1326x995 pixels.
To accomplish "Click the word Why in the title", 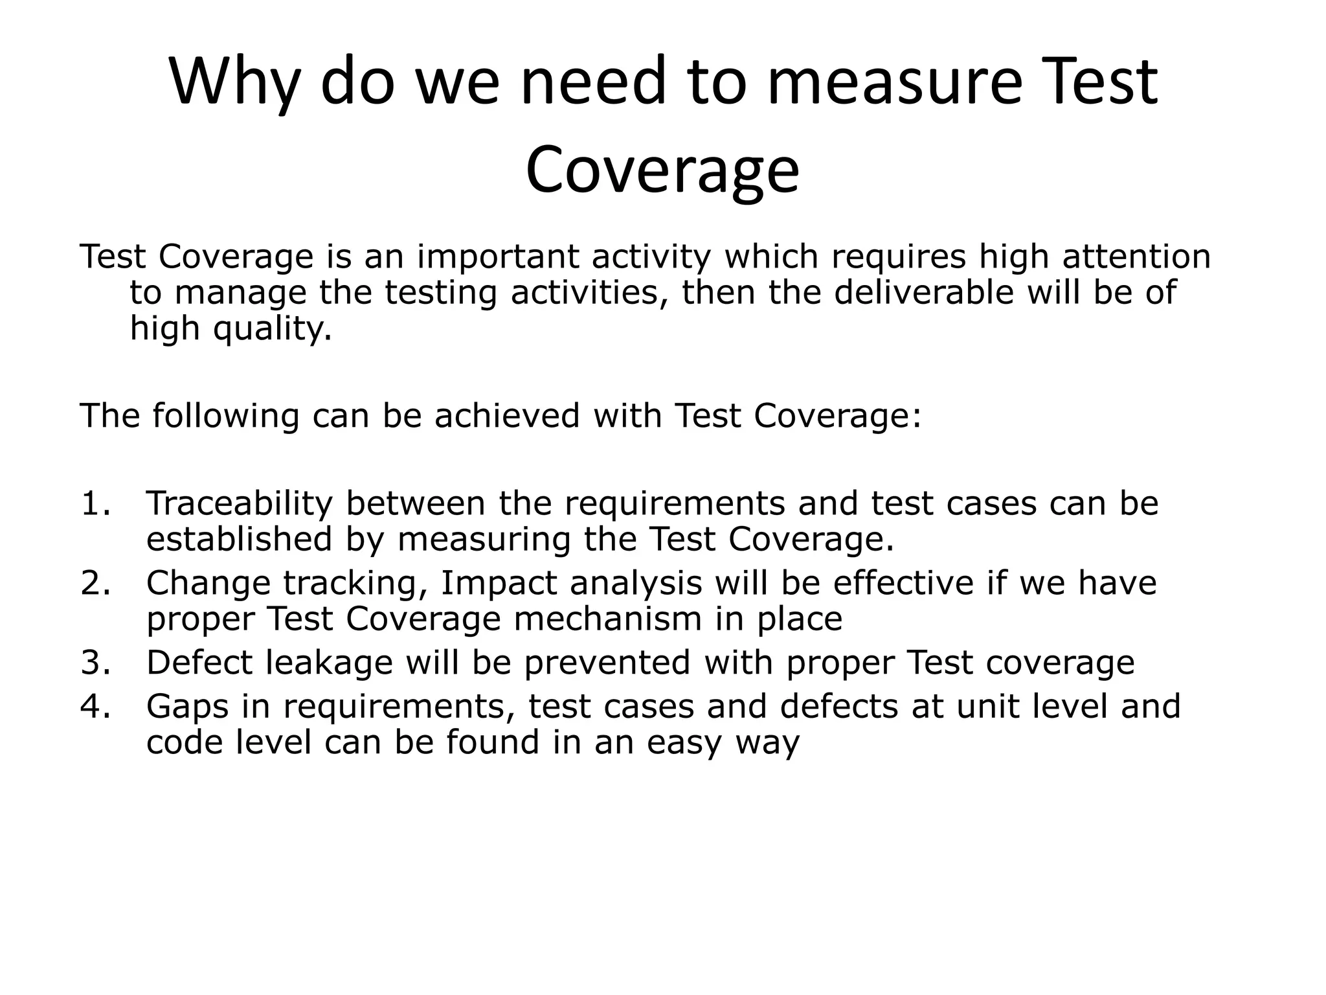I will coord(234,83).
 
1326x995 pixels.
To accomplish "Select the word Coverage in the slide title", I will coord(662,170).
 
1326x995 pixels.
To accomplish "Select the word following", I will coord(226,416).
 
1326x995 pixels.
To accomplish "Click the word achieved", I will coord(507,415).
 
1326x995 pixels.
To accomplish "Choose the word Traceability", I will coord(239,504).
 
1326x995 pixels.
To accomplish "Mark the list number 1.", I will coord(96,504).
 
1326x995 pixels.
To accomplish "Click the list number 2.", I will coord(96,583).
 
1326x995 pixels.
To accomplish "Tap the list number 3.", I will coord(96,663).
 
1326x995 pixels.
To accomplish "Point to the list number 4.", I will coord(96,706).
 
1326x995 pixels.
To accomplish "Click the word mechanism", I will coord(608,619).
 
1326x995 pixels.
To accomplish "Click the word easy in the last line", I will coord(684,743).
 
